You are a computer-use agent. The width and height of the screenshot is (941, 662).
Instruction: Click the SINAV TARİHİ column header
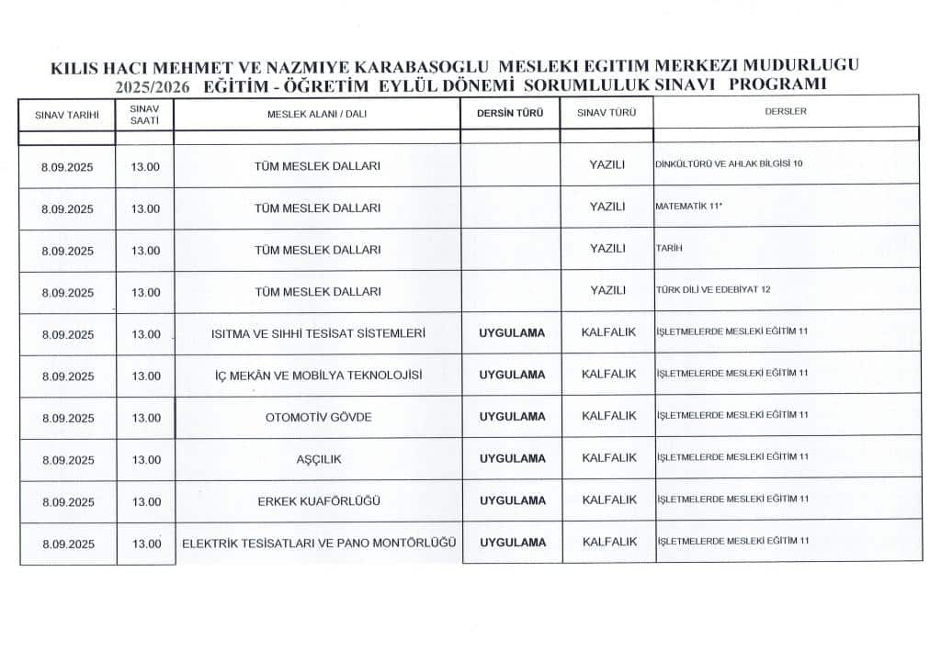click(x=67, y=117)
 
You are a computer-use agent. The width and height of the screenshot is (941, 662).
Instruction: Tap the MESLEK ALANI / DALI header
click(x=317, y=114)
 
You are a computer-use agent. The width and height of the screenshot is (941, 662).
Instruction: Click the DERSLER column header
click(x=786, y=112)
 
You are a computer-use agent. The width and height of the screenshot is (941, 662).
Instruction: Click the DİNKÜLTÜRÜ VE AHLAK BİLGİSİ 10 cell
click(x=729, y=163)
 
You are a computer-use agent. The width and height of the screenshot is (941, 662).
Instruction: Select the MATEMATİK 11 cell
click(x=687, y=206)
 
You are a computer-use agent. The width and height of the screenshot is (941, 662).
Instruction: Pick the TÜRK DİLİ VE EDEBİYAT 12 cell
click(x=713, y=289)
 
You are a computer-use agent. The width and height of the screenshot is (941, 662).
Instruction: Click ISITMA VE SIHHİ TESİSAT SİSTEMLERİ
click(x=318, y=332)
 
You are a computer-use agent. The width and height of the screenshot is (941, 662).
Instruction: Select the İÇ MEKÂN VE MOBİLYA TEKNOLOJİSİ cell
click(x=318, y=375)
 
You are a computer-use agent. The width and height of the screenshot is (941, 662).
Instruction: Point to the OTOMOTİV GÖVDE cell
click(x=318, y=417)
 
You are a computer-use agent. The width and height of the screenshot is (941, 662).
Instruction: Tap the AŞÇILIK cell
click(x=318, y=458)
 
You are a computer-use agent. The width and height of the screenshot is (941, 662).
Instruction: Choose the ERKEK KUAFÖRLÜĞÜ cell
click(x=318, y=500)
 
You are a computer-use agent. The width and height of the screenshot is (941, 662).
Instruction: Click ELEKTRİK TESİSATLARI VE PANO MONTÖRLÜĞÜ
click(x=319, y=543)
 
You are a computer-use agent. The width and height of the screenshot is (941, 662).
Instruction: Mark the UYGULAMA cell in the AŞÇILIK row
click(x=512, y=457)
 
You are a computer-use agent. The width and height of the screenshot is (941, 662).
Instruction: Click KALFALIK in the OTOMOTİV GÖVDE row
click(x=608, y=416)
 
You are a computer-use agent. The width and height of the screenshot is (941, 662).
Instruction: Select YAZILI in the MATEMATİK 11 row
click(x=607, y=207)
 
